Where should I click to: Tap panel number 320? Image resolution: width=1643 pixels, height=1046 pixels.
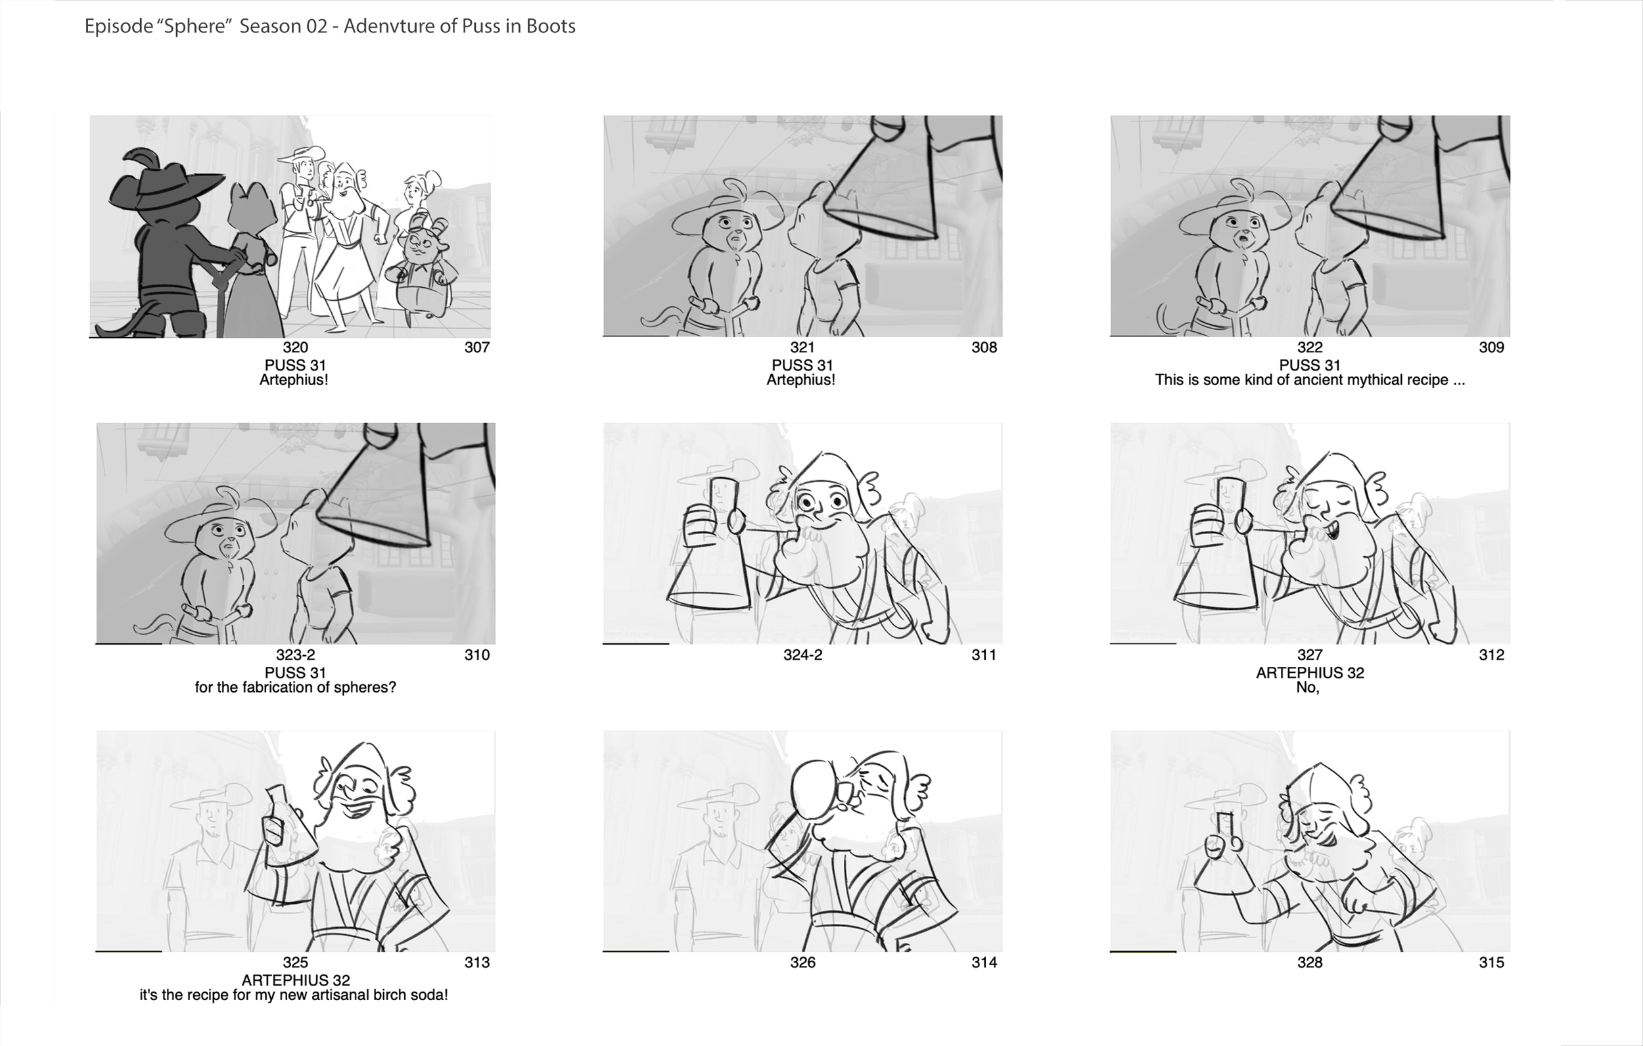296,348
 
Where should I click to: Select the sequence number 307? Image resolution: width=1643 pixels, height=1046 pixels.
477,348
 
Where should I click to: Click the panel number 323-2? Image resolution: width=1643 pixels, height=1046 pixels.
296,655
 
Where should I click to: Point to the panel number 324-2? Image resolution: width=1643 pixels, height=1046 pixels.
802,655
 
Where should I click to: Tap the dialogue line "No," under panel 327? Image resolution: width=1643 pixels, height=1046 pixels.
1307,688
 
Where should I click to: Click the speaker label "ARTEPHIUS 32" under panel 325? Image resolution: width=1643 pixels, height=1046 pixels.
296,980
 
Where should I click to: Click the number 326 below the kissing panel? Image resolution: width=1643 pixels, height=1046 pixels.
802,962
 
